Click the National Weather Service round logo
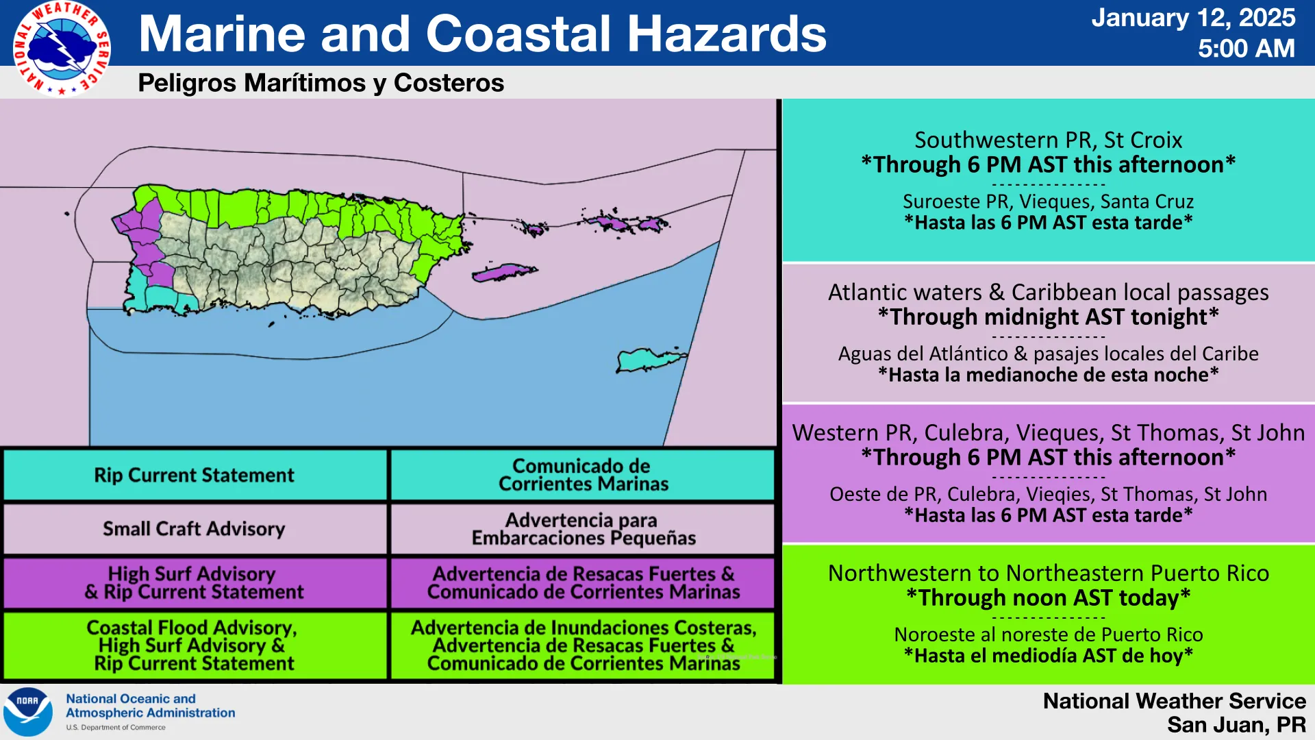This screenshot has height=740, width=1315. pyautogui.click(x=62, y=49)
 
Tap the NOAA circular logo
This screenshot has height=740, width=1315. pyautogui.click(x=28, y=712)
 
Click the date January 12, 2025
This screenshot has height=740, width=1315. pyautogui.click(x=1193, y=18)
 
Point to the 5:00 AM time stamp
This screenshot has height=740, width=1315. pyautogui.click(x=1247, y=49)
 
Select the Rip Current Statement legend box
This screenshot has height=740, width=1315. pyautogui.click(x=195, y=475)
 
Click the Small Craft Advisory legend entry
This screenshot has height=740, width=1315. pyautogui.click(x=195, y=529)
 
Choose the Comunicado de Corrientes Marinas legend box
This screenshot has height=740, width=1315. pyautogui.click(x=583, y=475)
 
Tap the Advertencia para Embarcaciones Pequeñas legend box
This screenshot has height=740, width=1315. pyautogui.click(x=583, y=529)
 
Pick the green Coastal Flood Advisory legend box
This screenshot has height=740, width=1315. pyautogui.click(x=195, y=645)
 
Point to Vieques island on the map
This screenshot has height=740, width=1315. pyautogui.click(x=504, y=273)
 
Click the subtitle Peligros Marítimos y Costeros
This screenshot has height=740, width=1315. pyautogui.click(x=321, y=83)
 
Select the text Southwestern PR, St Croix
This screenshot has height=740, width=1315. pyautogui.click(x=1048, y=140)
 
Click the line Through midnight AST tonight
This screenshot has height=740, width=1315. pyautogui.click(x=1048, y=317)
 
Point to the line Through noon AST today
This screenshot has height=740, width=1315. pyautogui.click(x=1048, y=597)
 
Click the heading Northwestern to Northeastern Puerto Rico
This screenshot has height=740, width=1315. pyautogui.click(x=1048, y=573)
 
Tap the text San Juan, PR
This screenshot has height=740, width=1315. pyautogui.click(x=1236, y=725)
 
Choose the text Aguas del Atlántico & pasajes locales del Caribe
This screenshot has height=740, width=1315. pyautogui.click(x=1048, y=354)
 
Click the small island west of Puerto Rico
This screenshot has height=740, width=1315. pyautogui.click(x=67, y=214)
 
